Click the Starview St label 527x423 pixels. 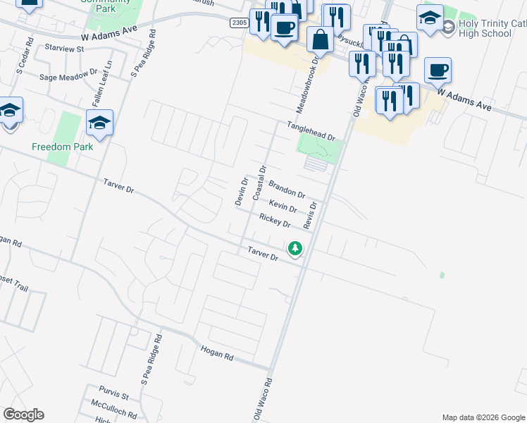pyautogui.click(x=63, y=49)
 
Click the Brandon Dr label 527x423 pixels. pyautogui.click(x=287, y=189)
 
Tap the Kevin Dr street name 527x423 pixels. pyautogui.click(x=283, y=206)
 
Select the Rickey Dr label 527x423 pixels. pyautogui.click(x=275, y=221)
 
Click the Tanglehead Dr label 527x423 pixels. pyautogui.click(x=310, y=130)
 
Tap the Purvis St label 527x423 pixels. pyautogui.click(x=114, y=397)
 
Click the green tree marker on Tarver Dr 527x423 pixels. pyautogui.click(x=295, y=248)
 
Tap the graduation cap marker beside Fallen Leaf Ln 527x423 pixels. pyautogui.click(x=100, y=123)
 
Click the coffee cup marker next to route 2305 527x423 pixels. pyautogui.click(x=284, y=28)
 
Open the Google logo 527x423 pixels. pyautogui.click(x=23, y=415)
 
